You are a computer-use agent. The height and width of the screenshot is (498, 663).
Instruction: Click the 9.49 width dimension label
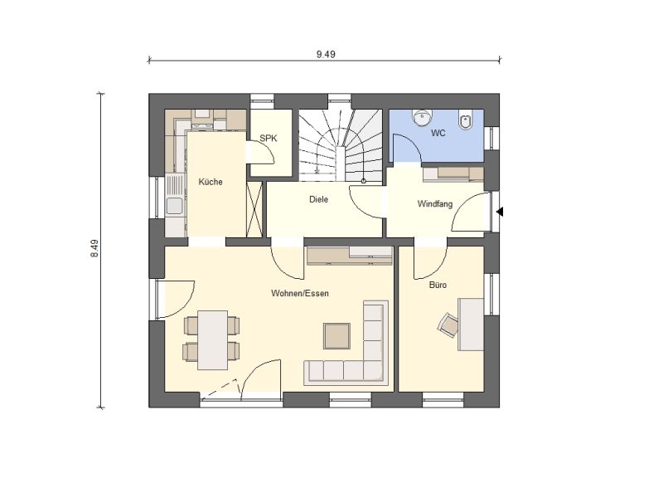tap(326, 54)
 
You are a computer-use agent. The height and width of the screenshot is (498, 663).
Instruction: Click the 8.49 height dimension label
tap(94, 248)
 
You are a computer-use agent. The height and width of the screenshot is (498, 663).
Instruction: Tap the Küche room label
tap(211, 182)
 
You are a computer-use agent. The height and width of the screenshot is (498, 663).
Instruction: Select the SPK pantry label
tap(269, 138)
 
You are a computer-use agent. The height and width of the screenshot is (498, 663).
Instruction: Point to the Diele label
tap(318, 199)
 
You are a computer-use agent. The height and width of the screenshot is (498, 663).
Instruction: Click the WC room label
tap(438, 133)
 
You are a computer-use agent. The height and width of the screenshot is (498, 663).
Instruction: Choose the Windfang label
tap(434, 203)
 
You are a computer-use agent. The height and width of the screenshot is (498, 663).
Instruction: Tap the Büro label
tap(438, 285)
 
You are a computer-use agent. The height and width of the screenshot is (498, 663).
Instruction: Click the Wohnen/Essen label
tap(300, 293)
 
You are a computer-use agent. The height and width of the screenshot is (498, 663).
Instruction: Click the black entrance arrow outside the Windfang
tap(500, 212)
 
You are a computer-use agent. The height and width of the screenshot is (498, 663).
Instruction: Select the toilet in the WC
tap(466, 120)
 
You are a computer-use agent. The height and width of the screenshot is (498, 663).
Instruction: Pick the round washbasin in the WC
tap(421, 118)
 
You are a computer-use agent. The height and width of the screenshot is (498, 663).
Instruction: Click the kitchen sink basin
tap(174, 206)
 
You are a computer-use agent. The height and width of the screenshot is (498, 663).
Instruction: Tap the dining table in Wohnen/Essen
tap(213, 340)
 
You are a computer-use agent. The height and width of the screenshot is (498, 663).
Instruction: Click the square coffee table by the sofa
tap(337, 336)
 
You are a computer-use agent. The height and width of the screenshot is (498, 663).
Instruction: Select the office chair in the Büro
tap(448, 325)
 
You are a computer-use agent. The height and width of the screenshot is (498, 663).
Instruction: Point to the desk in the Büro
tap(471, 325)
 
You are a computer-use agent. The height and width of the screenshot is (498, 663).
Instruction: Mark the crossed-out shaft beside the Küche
tap(254, 209)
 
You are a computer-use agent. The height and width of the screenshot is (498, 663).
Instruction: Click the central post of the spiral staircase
tap(341, 164)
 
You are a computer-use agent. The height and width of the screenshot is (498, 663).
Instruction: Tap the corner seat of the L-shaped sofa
tap(374, 371)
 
